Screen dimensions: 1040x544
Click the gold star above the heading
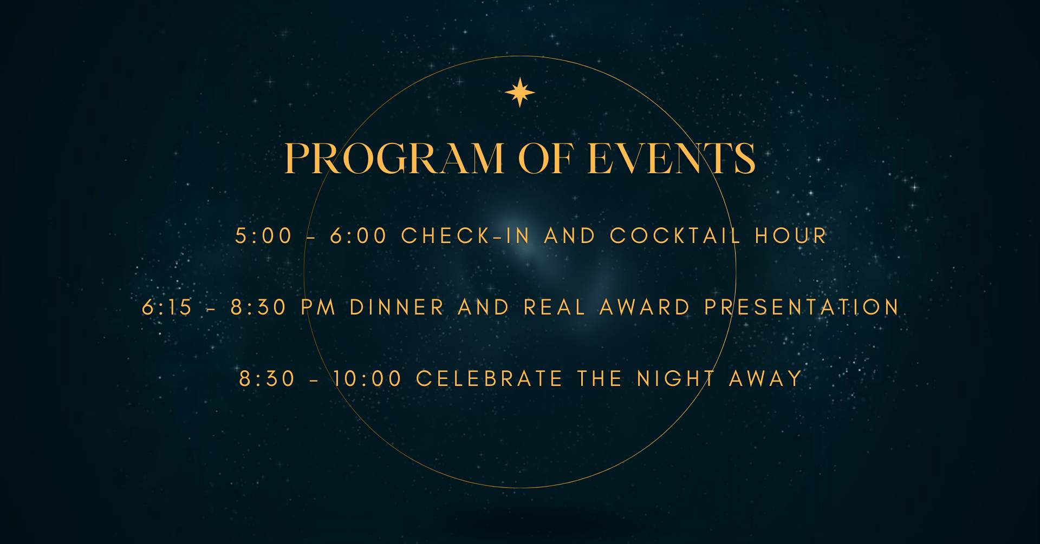point(520,92)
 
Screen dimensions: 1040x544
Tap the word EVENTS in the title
point(672,159)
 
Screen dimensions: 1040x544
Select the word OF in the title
point(546,159)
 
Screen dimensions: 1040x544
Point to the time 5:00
point(264,236)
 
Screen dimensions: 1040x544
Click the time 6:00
point(359,236)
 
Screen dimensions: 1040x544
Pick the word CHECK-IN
point(465,236)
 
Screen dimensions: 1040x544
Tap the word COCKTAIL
point(675,236)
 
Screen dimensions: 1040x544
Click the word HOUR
point(791,236)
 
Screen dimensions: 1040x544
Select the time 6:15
point(167,307)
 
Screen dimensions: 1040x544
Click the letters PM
point(318,307)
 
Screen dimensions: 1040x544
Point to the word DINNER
point(397,307)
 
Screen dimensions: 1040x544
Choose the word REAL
point(555,307)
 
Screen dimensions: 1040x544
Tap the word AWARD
point(645,307)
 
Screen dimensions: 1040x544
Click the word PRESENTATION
point(802,307)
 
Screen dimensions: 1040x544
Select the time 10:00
point(367,379)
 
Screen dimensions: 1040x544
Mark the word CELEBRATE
point(489,379)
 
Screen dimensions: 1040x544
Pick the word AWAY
point(765,379)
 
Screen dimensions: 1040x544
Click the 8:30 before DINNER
point(258,307)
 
